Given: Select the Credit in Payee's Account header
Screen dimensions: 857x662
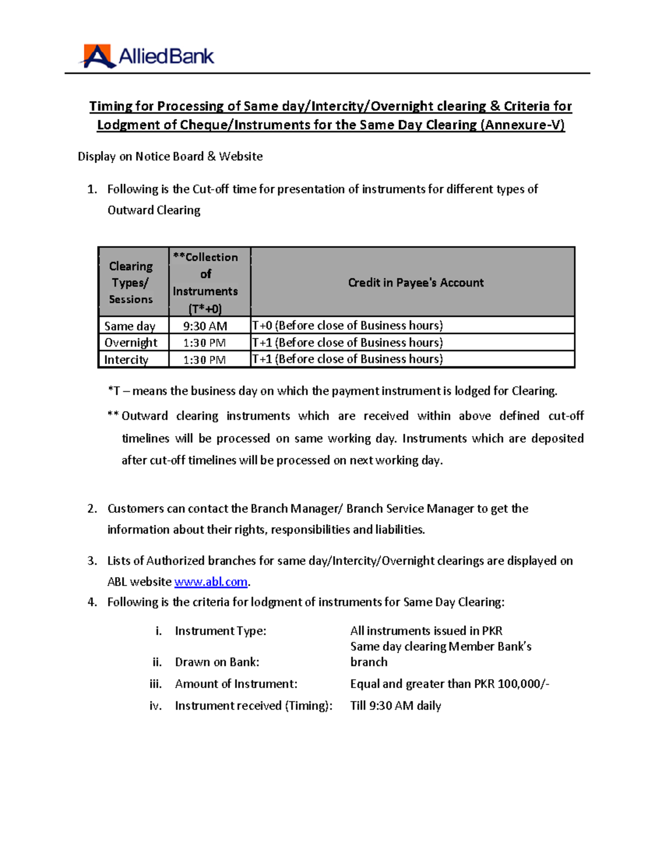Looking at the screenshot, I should pyautogui.click(x=415, y=283).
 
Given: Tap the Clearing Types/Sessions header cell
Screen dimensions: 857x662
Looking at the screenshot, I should pyautogui.click(x=131, y=283).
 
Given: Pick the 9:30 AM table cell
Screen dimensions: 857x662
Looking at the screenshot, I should pyautogui.click(x=205, y=326).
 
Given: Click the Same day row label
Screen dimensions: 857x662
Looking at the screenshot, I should pyautogui.click(x=130, y=326).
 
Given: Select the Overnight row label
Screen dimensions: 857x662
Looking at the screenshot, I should pyautogui.click(x=131, y=343).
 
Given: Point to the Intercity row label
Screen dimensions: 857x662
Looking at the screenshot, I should pyautogui.click(x=126, y=360).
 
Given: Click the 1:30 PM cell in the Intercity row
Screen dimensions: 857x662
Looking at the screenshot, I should pyautogui.click(x=205, y=360).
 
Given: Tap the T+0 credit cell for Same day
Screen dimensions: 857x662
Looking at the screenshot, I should pyautogui.click(x=348, y=326).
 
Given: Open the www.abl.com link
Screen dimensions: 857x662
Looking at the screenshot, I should pyautogui.click(x=211, y=582).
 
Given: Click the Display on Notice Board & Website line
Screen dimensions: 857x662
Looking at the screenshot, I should pyautogui.click(x=170, y=157).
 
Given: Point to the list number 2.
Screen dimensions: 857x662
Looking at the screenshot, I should pyautogui.click(x=92, y=509).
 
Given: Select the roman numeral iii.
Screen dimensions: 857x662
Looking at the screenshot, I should pyautogui.click(x=156, y=684).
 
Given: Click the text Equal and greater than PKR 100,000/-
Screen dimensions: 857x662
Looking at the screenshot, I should pyautogui.click(x=450, y=684).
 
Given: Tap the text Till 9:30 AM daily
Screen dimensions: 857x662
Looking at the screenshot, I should pyautogui.click(x=396, y=706).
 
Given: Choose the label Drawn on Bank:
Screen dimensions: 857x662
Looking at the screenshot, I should pyautogui.click(x=217, y=662).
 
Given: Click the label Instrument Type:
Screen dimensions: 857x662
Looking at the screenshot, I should pyautogui.click(x=220, y=631).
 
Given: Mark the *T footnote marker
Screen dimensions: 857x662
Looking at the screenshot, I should pyautogui.click(x=114, y=391).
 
